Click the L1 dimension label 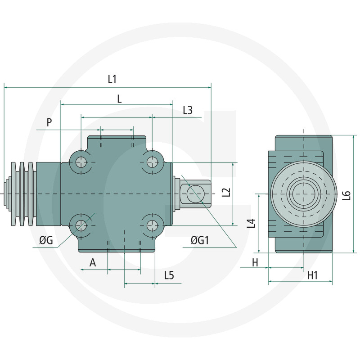pyautogui.click(x=112, y=79)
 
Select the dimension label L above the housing pyautogui.click(x=119, y=99)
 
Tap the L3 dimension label pyautogui.click(x=188, y=110)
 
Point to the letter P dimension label pyautogui.click(x=49, y=122)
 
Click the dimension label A pyautogui.click(x=93, y=263)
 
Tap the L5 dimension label pyautogui.click(x=169, y=275)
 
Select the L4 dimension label pyautogui.click(x=252, y=224)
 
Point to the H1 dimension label pyautogui.click(x=313, y=275)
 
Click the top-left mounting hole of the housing pyautogui.click(x=81, y=162)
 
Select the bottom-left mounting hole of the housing pyautogui.click(x=81, y=225)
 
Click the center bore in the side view pyautogui.click(x=303, y=194)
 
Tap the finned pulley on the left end pyautogui.click(x=22, y=193)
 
